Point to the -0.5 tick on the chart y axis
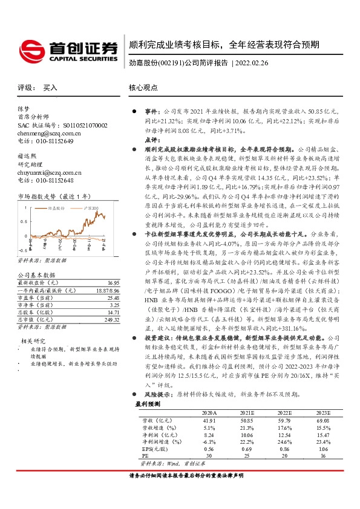[x=23, y=249]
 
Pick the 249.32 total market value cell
[x=112, y=319]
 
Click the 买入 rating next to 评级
[x=50, y=88]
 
